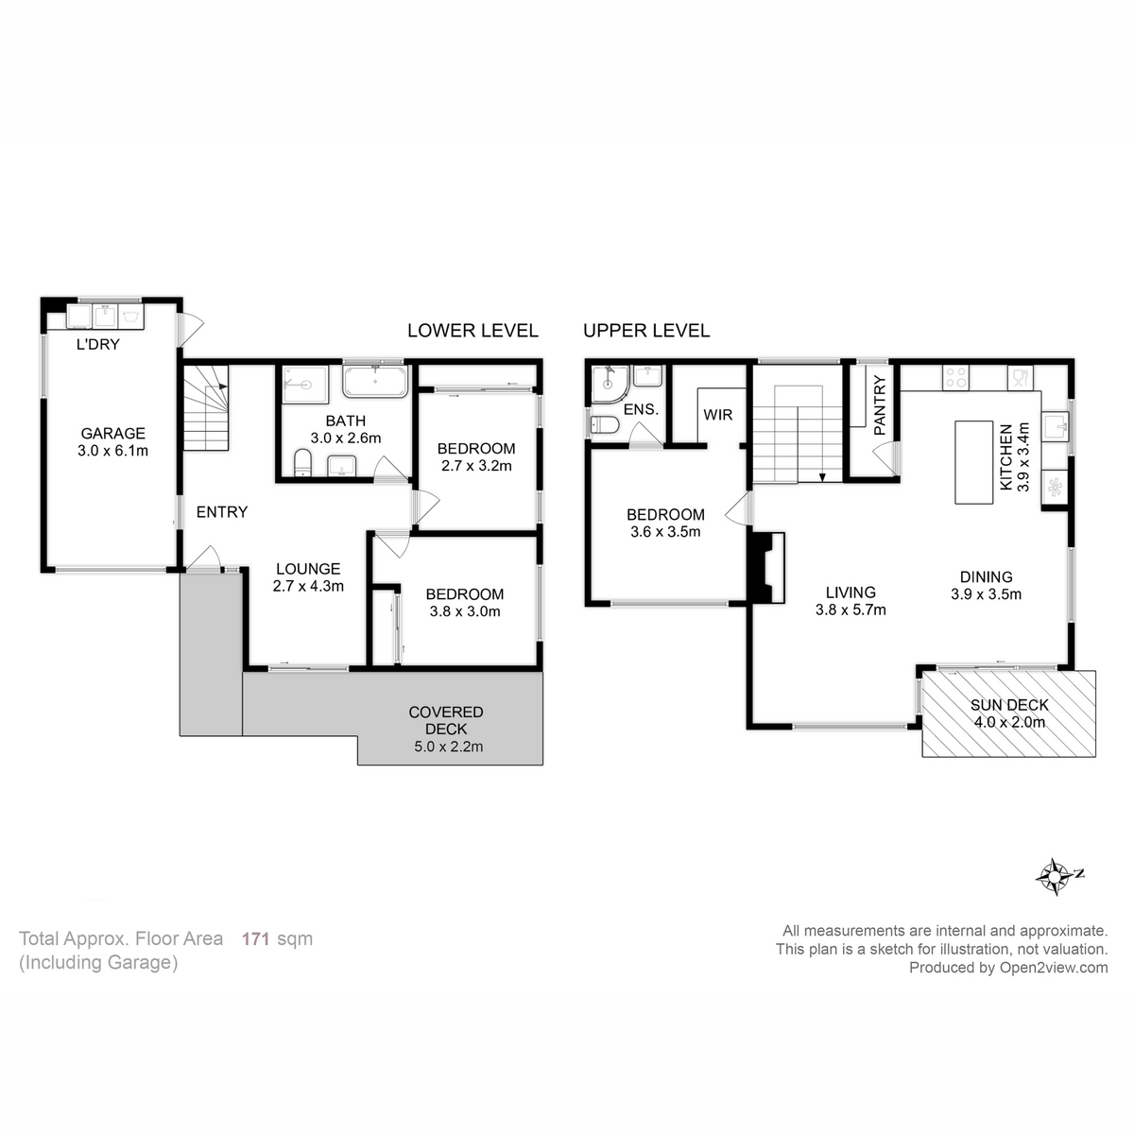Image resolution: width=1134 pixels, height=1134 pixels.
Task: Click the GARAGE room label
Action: (112, 434)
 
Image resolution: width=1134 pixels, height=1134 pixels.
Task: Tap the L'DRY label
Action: (98, 344)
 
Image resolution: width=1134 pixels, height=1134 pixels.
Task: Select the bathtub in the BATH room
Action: (375, 383)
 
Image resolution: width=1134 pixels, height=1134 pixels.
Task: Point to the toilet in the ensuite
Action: (604, 426)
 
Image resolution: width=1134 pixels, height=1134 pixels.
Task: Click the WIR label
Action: (718, 415)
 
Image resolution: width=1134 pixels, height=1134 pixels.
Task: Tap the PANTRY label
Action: (880, 406)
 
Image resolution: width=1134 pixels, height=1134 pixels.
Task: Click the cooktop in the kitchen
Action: (956, 378)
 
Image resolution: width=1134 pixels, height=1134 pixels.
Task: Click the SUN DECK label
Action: (1009, 705)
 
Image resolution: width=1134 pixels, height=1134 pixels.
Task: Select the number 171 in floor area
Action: (256, 938)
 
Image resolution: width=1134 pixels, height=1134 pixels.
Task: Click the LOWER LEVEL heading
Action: (472, 331)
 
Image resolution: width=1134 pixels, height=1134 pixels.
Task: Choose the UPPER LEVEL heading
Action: (646, 331)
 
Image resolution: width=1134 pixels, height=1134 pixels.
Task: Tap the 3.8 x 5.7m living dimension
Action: (850, 610)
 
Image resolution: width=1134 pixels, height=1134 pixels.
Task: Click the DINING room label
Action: (986, 576)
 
